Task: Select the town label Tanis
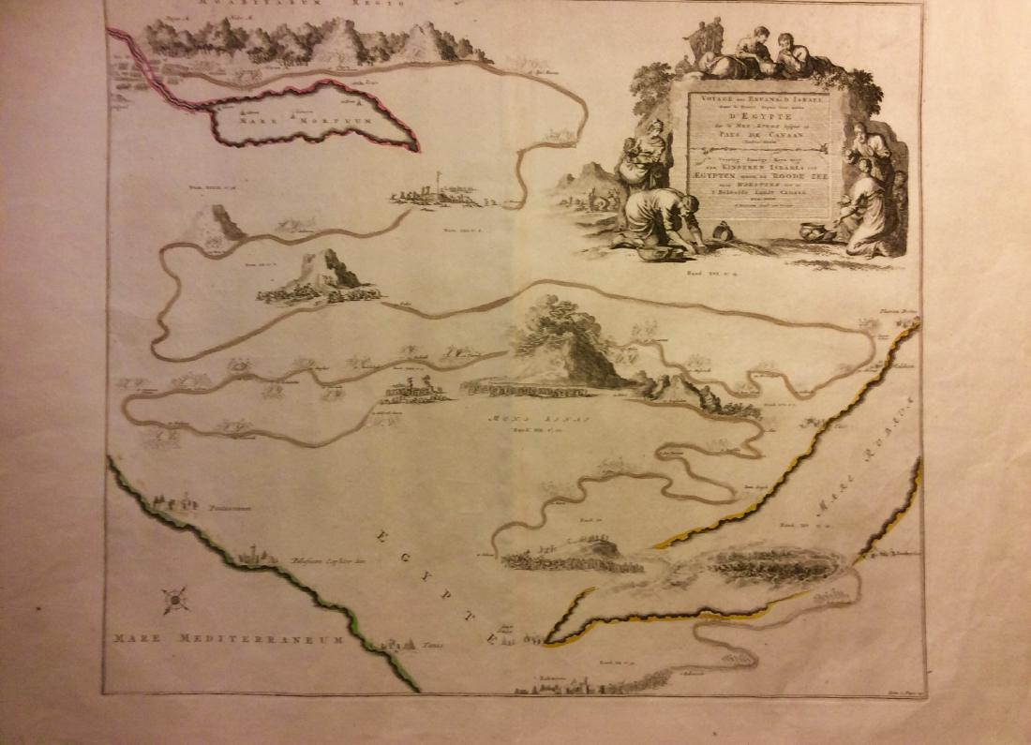coord(429,646)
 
